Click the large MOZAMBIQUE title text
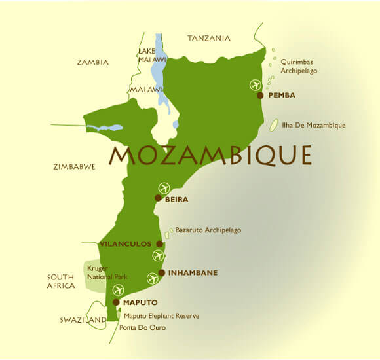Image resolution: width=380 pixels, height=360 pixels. click(x=210, y=156)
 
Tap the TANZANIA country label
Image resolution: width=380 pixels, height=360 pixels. click(x=209, y=38)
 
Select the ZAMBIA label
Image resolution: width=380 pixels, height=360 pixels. click(x=92, y=63)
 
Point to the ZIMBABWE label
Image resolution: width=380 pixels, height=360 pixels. click(x=74, y=167)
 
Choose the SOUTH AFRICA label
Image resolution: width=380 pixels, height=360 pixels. click(x=60, y=281)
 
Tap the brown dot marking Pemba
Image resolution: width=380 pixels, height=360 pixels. click(x=260, y=95)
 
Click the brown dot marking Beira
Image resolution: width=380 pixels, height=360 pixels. click(x=158, y=198)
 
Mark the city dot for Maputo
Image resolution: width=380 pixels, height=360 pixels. click(x=116, y=302)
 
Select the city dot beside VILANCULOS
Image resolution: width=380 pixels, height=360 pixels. click(x=159, y=243)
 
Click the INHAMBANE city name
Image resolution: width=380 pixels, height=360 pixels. click(x=193, y=272)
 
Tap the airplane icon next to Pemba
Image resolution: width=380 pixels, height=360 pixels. click(x=255, y=84)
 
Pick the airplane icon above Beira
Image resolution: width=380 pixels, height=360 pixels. click(x=164, y=188)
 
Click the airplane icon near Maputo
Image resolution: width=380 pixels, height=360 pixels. click(x=118, y=290)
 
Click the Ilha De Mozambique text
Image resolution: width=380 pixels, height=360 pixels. click(x=313, y=125)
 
